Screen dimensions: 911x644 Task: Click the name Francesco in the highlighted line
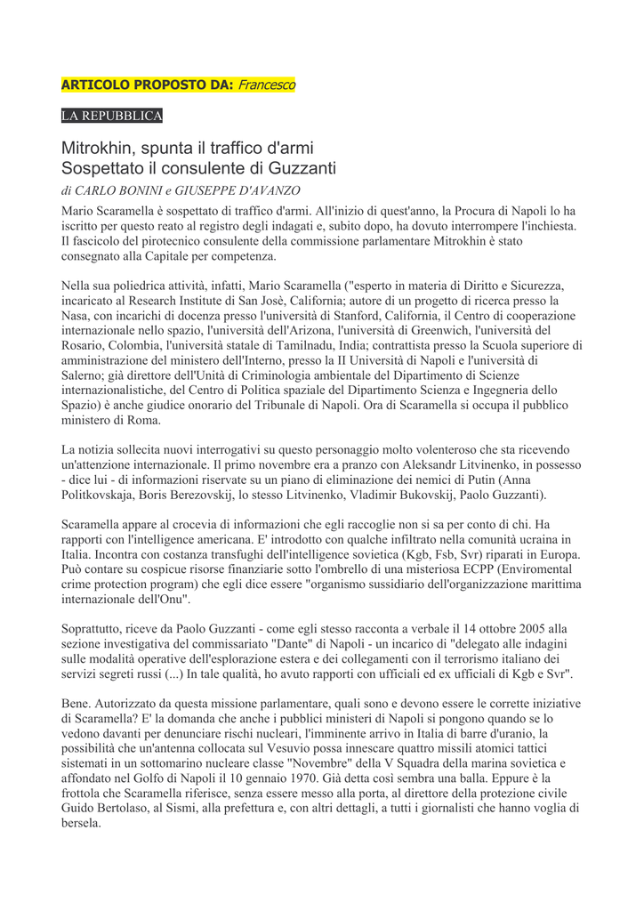point(267,85)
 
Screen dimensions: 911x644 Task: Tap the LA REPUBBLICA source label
point(111,117)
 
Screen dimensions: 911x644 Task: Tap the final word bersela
point(81,824)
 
